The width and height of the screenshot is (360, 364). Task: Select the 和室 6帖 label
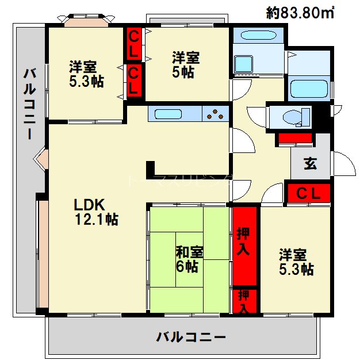189,259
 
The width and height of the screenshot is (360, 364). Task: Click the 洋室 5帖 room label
186,64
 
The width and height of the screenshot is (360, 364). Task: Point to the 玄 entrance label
310,164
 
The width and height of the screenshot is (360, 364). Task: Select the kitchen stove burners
216,114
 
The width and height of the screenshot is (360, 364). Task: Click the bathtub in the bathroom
309,90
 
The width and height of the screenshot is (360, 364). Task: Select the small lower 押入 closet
244,301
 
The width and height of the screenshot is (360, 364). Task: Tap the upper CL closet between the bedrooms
133,44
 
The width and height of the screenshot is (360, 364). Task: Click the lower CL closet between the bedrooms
133,81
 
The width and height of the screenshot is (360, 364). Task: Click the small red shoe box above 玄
295,138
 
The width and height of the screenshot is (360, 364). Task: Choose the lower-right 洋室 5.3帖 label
296,262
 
